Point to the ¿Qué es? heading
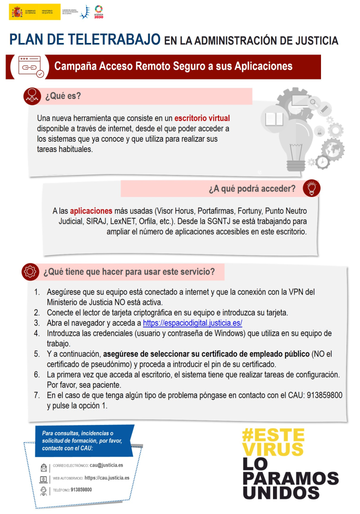63,95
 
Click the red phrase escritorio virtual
202,118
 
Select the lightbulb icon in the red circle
311,188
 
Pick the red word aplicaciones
91,211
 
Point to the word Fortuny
246,211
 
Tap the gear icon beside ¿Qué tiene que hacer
30,271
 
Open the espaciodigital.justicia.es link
192,323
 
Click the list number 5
36,354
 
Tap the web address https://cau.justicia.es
107,477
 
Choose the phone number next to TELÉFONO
81,489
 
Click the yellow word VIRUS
273,448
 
